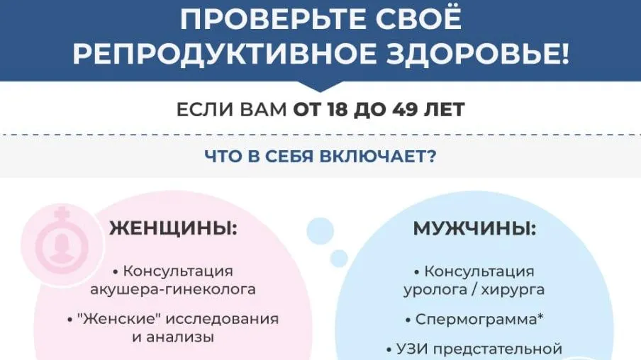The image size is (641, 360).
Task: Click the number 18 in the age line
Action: (x=338, y=110)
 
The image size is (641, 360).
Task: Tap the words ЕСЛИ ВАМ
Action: (x=231, y=110)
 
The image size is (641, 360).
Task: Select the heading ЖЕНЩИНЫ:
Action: (x=173, y=228)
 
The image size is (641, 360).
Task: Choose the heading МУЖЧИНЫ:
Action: (x=474, y=229)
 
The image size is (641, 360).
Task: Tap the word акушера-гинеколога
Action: (x=173, y=290)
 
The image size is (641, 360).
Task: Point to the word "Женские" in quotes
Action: (x=118, y=319)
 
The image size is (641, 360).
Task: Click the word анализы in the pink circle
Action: (x=180, y=337)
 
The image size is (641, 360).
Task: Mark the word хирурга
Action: (x=513, y=290)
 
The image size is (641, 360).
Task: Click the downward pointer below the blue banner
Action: (x=320, y=86)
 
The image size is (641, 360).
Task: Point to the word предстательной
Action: (x=498, y=349)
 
